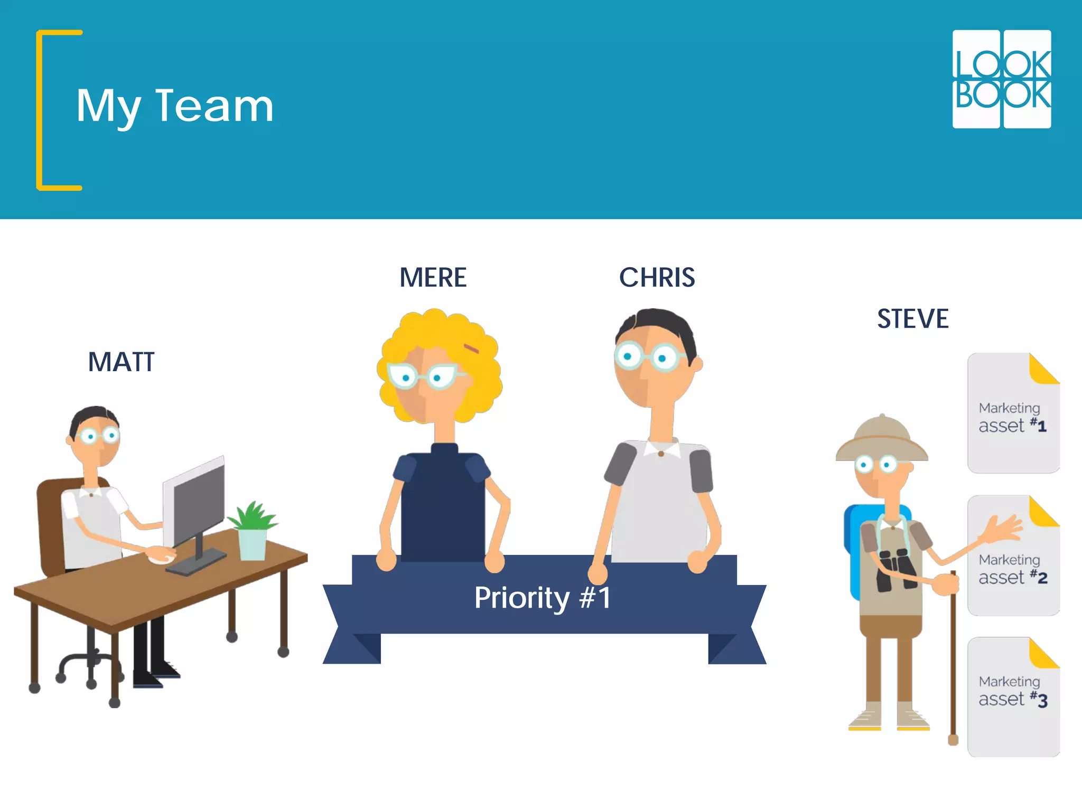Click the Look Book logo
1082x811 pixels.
[x=1002, y=79]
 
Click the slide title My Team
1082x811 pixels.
[x=175, y=106]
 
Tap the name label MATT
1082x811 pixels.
[x=122, y=362]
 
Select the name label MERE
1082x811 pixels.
[x=433, y=278]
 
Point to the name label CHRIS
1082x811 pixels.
[x=657, y=278]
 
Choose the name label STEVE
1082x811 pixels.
[x=912, y=319]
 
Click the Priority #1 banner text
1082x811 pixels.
[x=543, y=598]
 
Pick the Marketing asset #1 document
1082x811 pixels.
[x=1013, y=413]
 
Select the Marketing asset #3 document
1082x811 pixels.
[x=1013, y=697]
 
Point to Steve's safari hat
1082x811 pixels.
[x=881, y=438]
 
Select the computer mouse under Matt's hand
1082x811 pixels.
[x=162, y=558]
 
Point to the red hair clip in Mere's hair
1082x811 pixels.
[x=471, y=348]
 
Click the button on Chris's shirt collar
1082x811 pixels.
[x=661, y=454]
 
